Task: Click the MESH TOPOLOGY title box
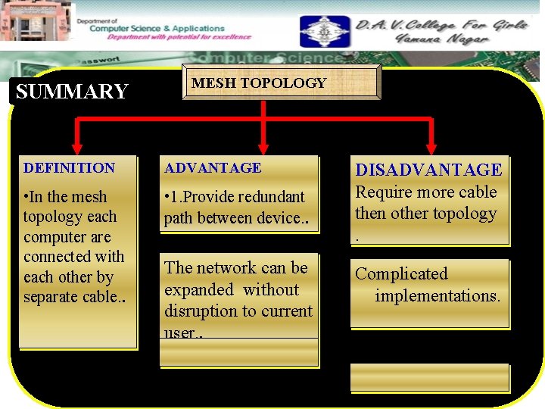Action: click(259, 83)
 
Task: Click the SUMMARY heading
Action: click(72, 92)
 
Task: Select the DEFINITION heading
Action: click(69, 168)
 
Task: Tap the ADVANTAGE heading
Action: click(213, 168)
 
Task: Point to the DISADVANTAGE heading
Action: click(428, 170)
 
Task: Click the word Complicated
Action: click(401, 274)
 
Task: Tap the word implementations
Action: click(438, 295)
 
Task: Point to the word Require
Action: click(385, 192)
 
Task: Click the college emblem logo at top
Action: click(324, 32)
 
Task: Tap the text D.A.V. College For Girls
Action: click(442, 24)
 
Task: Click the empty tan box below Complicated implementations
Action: click(430, 378)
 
